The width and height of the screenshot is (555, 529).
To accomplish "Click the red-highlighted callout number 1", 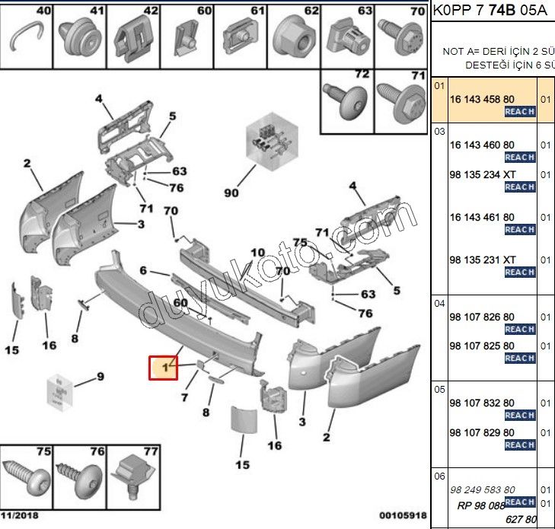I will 162,368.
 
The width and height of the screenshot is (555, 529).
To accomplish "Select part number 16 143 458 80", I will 482,100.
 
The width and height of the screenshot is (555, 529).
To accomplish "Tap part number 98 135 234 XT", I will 482,174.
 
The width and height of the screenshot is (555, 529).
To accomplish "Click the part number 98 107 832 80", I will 482,403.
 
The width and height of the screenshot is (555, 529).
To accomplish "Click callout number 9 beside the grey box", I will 100,376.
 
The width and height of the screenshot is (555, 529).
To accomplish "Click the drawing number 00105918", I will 403,516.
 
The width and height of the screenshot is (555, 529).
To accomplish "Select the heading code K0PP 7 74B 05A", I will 492,10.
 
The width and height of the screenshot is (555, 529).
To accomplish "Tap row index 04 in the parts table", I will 439,303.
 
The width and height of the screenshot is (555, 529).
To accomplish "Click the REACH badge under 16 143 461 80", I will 519,229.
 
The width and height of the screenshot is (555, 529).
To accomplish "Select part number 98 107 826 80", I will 482,317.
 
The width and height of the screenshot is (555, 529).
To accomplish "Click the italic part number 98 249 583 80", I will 482,489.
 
